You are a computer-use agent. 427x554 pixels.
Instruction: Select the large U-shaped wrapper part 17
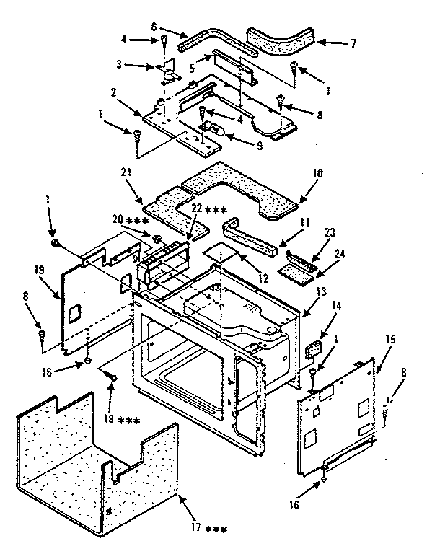(94, 462)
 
